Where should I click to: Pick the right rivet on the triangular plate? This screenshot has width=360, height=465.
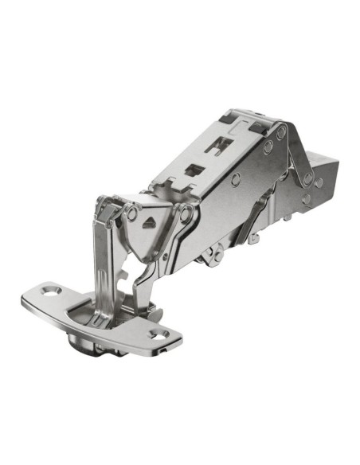point(185,213)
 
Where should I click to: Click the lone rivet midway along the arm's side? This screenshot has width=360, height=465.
point(237,178)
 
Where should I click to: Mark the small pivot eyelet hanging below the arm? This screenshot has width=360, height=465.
point(211,256)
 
